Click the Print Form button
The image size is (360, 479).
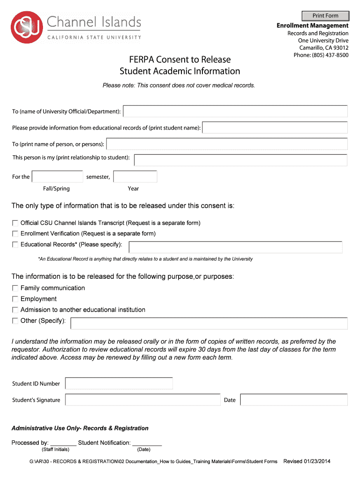pos(325,15)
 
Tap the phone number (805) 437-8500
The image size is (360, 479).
pos(321,55)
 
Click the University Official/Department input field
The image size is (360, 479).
pos(235,111)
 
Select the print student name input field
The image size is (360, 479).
pos(275,128)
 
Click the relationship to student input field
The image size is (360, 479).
pos(240,160)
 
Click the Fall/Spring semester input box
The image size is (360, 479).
pos(57,177)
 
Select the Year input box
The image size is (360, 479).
pos(135,177)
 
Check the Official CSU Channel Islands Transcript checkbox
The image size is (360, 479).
pos(15,223)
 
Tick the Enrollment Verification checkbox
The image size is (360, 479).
pos(15,233)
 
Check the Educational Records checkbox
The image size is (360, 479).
pos(15,245)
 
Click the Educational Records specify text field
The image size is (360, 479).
pos(235,247)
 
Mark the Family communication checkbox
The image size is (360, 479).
pos(15,288)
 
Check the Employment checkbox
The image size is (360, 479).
pos(15,299)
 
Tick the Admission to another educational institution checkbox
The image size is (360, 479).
pos(15,310)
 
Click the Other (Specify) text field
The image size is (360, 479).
pos(209,323)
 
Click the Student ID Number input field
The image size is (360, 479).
pos(119,384)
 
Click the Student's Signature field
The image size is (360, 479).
pos(143,400)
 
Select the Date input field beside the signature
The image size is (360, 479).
pos(294,400)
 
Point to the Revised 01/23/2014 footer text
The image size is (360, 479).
pos(307,462)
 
